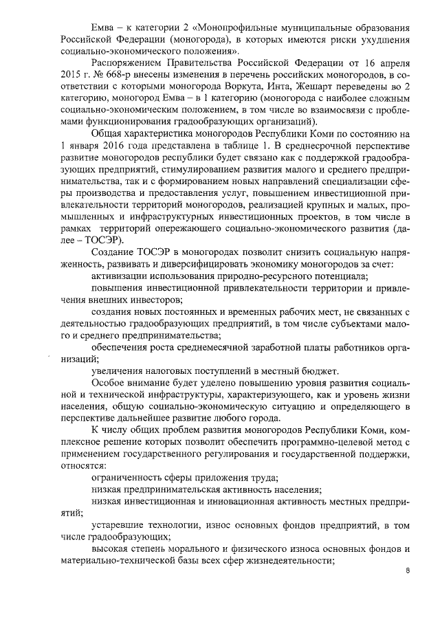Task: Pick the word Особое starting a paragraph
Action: pos(111,386)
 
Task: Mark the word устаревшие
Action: pos(119,524)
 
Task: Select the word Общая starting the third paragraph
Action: pos(109,154)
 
